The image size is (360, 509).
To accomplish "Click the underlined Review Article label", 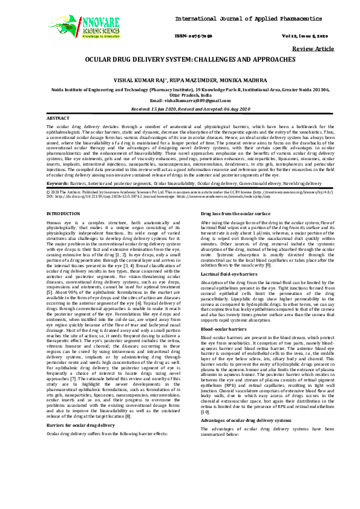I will coord(313,48).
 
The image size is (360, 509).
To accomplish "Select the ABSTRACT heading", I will coord(58,118).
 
